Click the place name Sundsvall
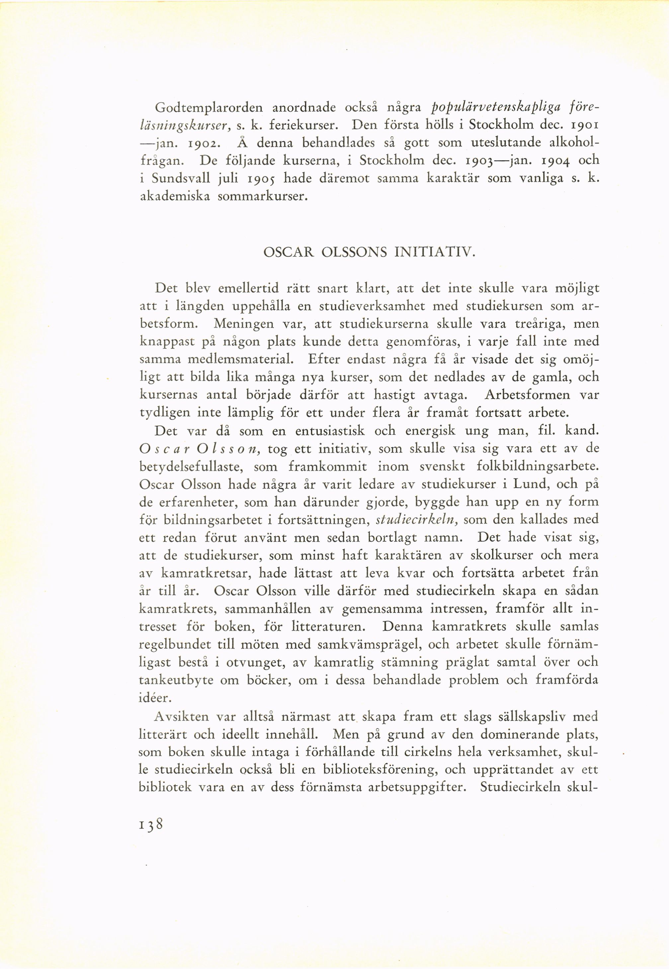click(x=181, y=179)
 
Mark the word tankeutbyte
click(x=176, y=680)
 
